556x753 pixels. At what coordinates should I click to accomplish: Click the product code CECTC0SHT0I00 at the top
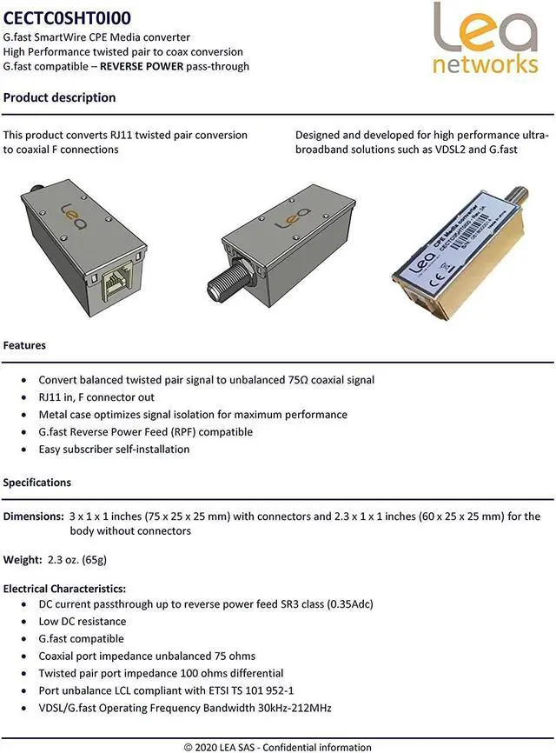[68, 16]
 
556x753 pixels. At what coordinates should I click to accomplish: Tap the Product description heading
[59, 97]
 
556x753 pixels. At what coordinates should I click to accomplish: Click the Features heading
[24, 345]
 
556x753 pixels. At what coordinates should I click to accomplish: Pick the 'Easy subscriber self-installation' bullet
[114, 450]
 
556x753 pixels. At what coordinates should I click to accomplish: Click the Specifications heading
[37, 482]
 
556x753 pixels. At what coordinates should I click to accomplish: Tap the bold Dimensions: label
[33, 516]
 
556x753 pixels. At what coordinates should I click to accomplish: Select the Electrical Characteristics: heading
[64, 589]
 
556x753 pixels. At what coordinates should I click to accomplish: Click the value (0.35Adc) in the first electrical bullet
[343, 603]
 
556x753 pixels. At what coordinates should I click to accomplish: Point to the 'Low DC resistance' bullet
[83, 621]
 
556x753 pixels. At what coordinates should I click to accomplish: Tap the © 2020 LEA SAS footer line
[277, 747]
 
